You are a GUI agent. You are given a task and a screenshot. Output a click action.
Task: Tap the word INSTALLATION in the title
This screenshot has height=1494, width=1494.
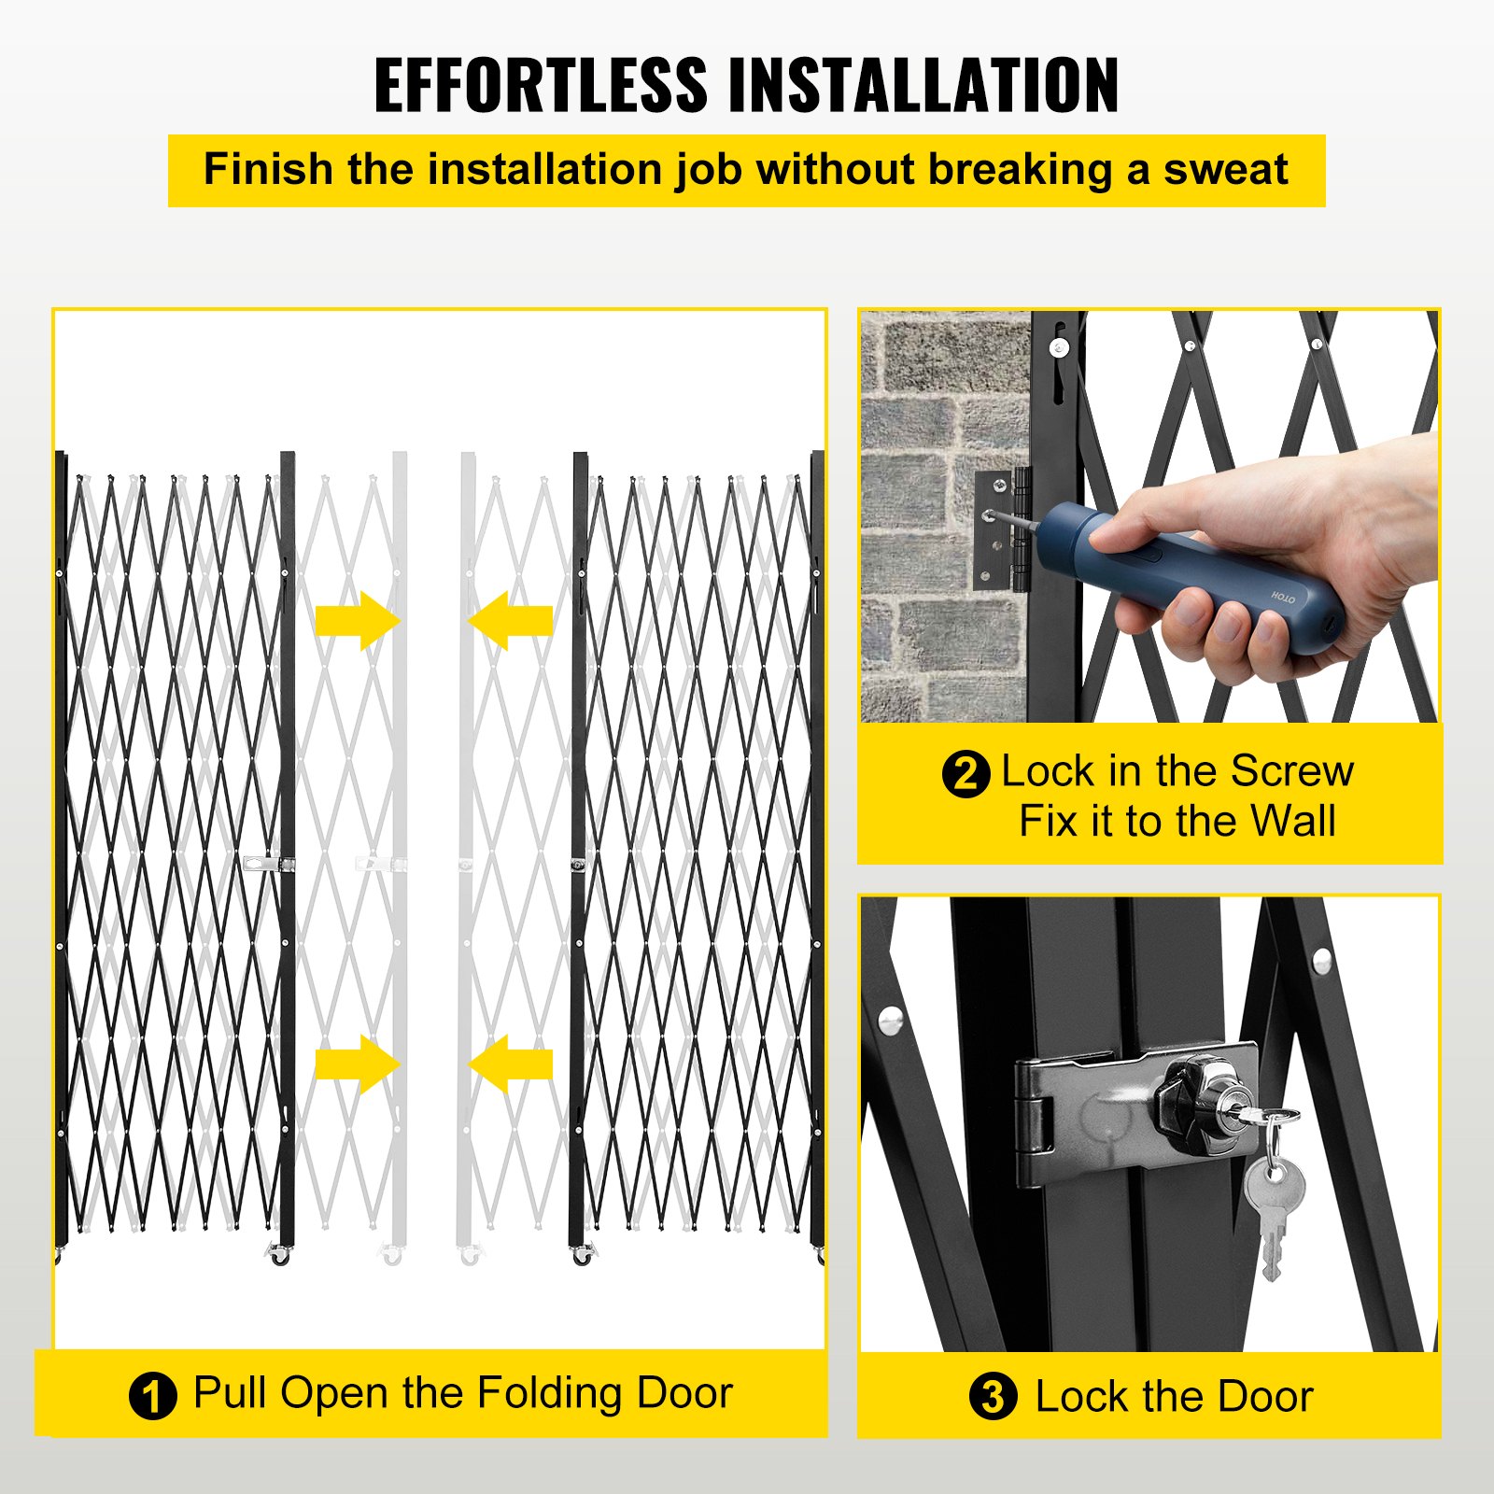(x=923, y=85)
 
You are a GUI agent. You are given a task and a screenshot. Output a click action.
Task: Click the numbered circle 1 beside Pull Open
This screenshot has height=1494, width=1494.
(x=152, y=1397)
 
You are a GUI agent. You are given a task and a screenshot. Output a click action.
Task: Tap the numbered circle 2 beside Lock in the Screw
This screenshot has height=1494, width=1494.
(x=965, y=774)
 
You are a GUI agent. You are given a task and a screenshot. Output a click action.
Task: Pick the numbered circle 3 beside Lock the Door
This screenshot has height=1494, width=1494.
(x=993, y=1397)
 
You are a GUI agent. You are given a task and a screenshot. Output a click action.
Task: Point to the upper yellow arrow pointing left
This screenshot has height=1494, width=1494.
(x=511, y=621)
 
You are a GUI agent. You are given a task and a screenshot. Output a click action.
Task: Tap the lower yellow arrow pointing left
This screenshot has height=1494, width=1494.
(x=511, y=1064)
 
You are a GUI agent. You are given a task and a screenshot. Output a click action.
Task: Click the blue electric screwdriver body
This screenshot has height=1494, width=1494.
(x=1195, y=579)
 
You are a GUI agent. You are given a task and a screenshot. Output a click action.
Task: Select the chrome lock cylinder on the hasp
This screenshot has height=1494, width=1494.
(x=1205, y=1102)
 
